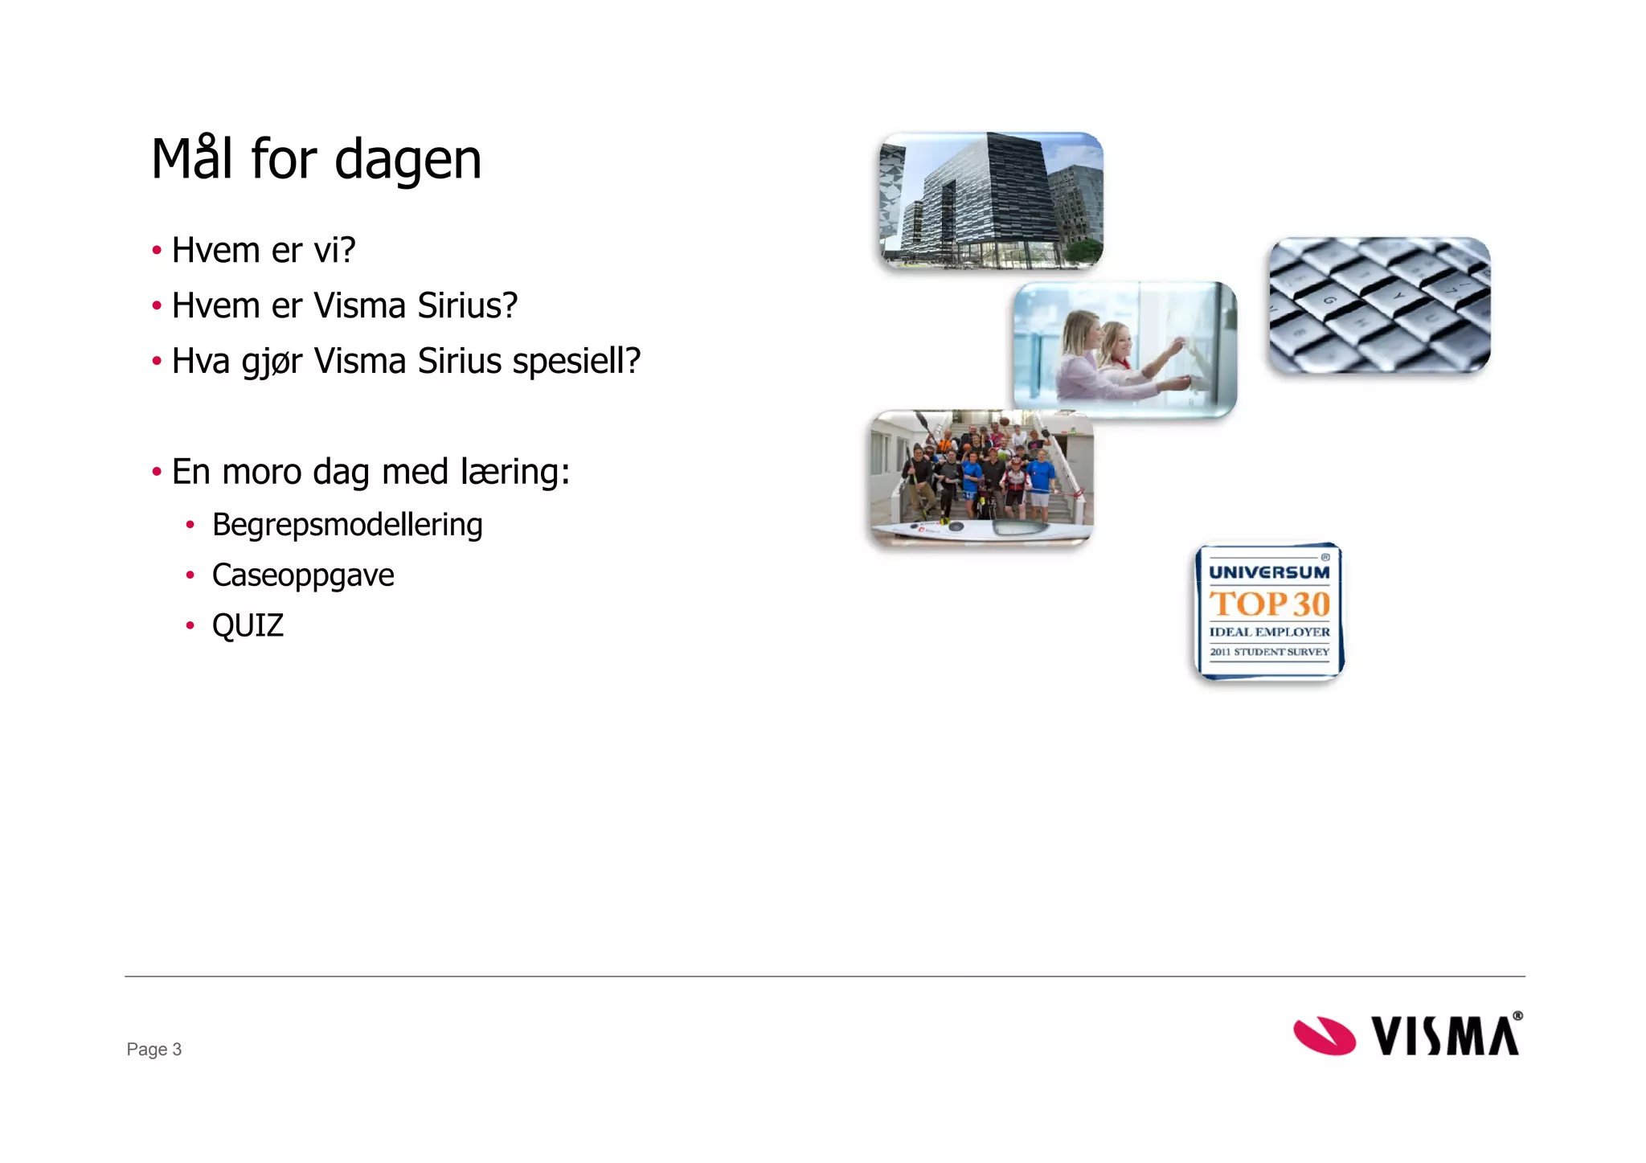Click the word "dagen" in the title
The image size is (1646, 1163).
tap(407, 159)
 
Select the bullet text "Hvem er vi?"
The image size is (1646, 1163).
tap(264, 250)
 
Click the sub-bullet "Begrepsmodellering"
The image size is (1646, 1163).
tap(347, 525)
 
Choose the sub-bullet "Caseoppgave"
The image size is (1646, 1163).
tap(303, 575)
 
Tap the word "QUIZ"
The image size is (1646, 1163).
tap(248, 625)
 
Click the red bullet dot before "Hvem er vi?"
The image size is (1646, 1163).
tap(157, 250)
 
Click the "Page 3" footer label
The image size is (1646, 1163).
tap(154, 1049)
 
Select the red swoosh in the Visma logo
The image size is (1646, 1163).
tap(1324, 1035)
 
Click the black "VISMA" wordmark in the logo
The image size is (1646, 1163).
tap(1445, 1035)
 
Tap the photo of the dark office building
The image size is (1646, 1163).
tap(991, 200)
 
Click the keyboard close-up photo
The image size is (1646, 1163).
tap(1379, 305)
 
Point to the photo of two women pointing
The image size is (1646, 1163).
tap(1124, 349)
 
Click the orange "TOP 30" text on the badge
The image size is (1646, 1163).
tap(1269, 604)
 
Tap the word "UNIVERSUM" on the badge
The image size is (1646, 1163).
tap(1269, 572)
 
